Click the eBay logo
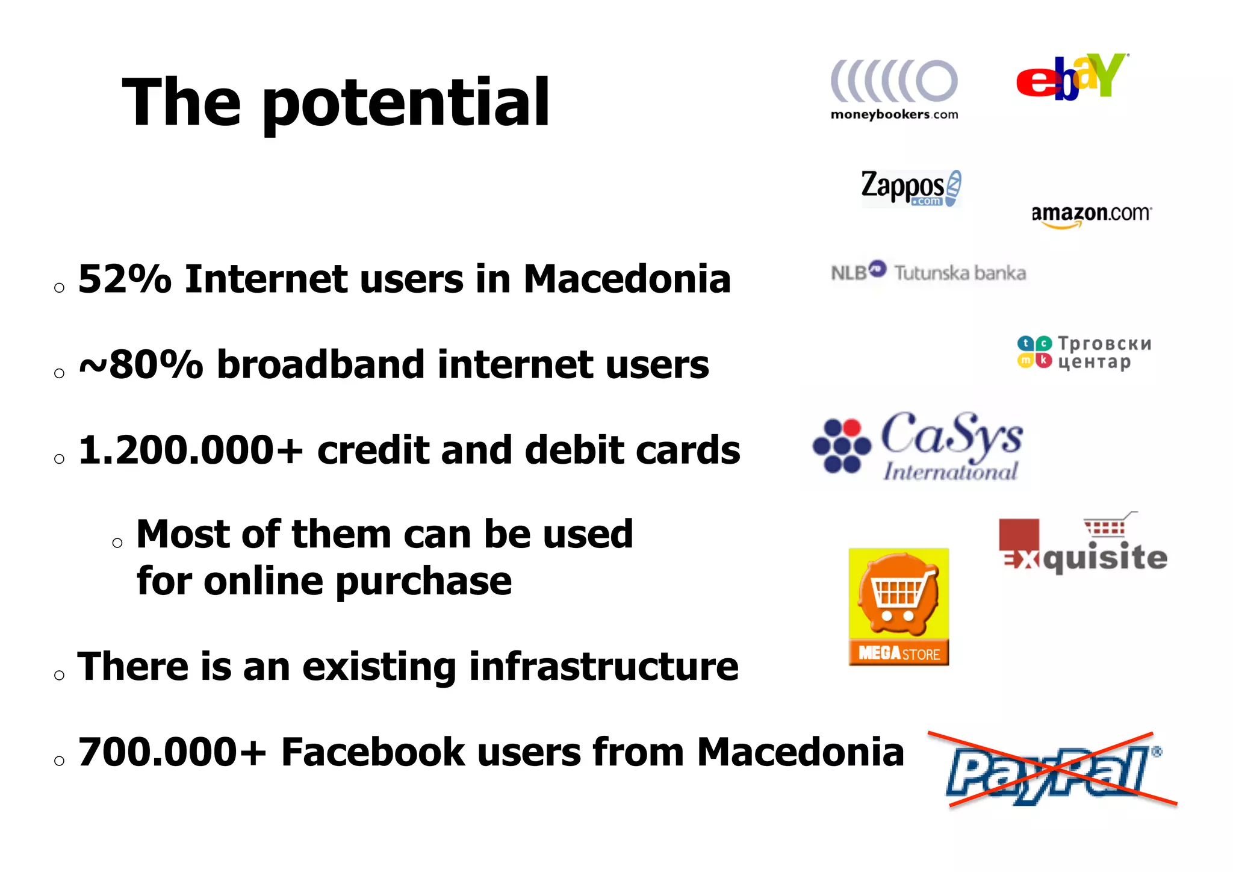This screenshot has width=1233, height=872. coord(1072,76)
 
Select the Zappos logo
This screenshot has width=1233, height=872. coord(911,188)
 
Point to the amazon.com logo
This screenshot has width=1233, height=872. coord(1092,215)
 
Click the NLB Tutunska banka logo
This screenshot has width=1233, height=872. coord(928,272)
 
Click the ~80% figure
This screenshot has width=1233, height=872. coord(141,365)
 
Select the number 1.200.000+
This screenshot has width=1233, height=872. coord(190,450)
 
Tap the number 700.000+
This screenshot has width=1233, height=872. coord(172,753)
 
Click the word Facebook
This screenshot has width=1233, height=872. coord(373,753)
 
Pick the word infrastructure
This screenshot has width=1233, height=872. coord(604,667)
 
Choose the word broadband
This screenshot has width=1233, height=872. coord(320,365)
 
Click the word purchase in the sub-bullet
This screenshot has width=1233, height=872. coord(423,582)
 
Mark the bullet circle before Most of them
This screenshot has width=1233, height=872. coord(117,543)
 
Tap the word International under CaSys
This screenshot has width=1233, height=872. coord(950,471)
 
